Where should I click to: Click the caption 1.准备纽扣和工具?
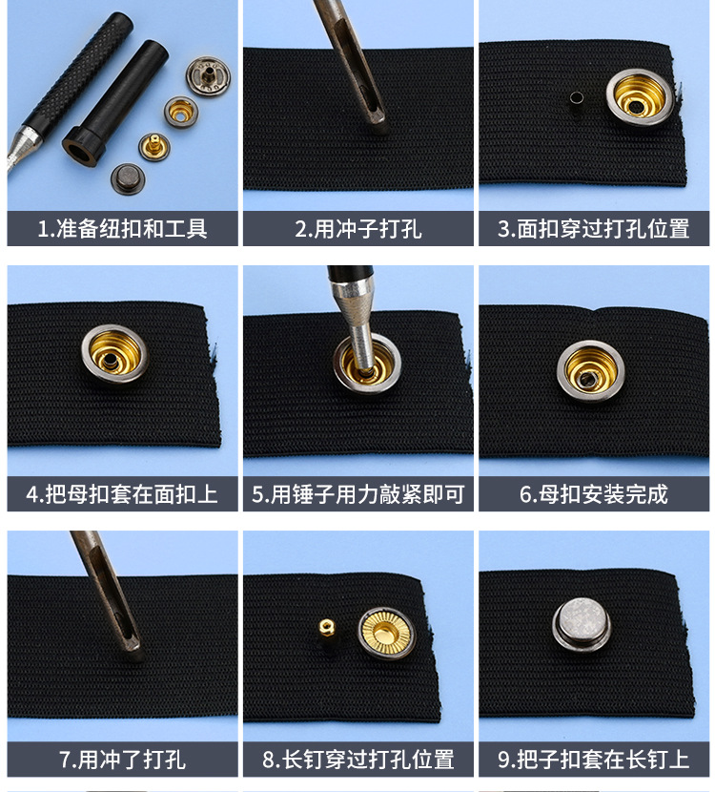click(x=122, y=229)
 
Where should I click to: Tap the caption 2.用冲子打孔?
click(x=357, y=229)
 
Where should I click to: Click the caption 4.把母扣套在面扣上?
click(x=122, y=494)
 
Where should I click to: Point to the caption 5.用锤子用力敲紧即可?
click(x=357, y=494)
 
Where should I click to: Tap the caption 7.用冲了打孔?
click(x=122, y=760)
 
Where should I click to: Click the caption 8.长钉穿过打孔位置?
click(x=357, y=760)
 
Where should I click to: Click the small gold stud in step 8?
click(x=326, y=629)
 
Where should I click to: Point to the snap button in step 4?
click(x=114, y=353)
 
